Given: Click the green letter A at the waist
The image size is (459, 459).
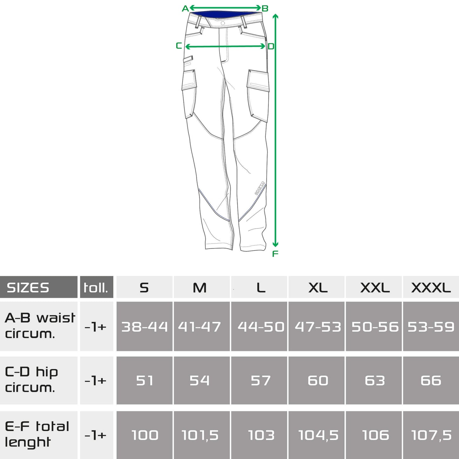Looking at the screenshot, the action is [185, 9].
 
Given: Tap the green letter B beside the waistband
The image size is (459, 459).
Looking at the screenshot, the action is [265, 9].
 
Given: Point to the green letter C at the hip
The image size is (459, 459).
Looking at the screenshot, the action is [179, 46].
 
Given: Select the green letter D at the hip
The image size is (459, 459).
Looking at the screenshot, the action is [271, 46].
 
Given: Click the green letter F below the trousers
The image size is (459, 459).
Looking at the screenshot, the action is [275, 254].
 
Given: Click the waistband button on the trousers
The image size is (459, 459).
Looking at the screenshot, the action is [223, 23].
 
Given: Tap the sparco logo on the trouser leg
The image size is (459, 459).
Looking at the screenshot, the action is [260, 188].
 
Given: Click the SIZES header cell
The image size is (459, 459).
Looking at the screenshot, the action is [38, 287].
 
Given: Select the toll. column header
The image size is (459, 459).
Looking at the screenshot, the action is [97, 287].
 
